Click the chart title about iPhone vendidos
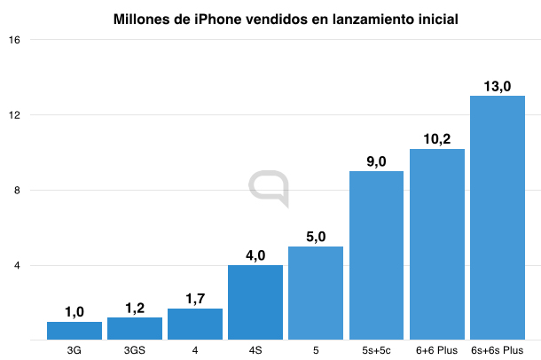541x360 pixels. click(x=285, y=19)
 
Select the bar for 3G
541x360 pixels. click(x=74, y=330)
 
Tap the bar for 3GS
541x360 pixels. click(x=135, y=328)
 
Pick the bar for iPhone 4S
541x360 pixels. click(x=255, y=301)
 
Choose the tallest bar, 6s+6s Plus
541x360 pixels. click(x=498, y=217)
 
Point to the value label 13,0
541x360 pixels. click(x=498, y=85)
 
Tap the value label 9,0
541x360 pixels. click(x=376, y=160)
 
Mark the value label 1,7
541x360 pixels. click(x=195, y=298)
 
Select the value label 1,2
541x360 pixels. click(x=135, y=307)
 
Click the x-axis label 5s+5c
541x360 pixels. click(x=376, y=349)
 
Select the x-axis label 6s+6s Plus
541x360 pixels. click(x=498, y=349)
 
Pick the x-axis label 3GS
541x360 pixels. click(x=135, y=349)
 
